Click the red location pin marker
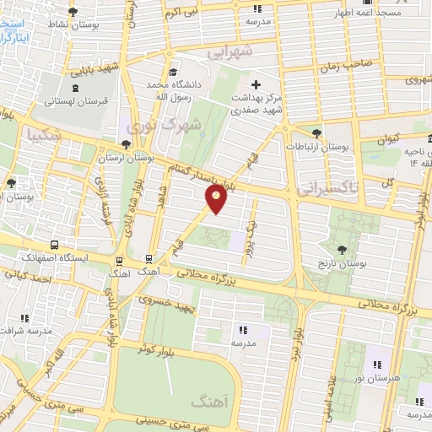(x=217, y=198)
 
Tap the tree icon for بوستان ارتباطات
(x=316, y=132)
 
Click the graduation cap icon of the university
(x=173, y=73)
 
